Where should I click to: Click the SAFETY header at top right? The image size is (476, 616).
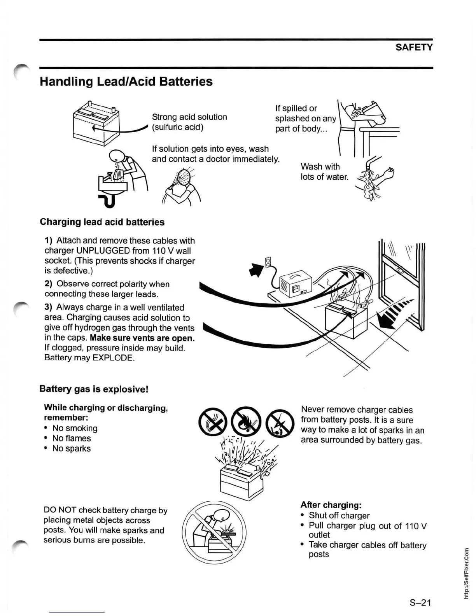click(414, 47)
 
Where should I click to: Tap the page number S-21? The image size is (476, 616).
click(420, 602)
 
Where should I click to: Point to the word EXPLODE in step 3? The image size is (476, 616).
click(113, 357)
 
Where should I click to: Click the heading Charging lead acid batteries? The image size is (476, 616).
click(102, 222)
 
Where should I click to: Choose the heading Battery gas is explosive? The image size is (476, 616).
click(94, 389)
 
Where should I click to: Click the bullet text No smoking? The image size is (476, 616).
click(75, 428)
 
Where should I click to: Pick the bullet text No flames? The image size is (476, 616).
click(72, 438)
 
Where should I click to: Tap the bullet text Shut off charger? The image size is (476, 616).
click(339, 515)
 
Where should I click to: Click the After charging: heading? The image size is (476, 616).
click(331, 505)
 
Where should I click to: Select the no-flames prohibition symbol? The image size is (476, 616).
click(246, 421)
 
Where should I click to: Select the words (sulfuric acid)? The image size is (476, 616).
click(177, 127)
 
